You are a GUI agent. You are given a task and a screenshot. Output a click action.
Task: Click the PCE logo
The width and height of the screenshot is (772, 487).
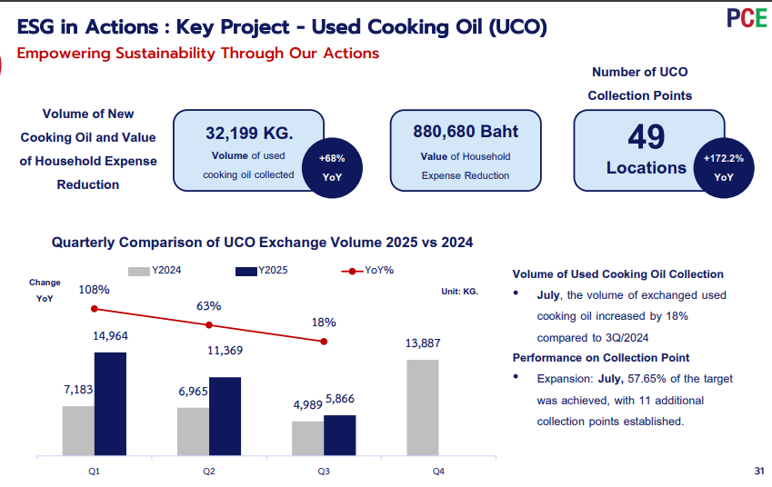coord(747,18)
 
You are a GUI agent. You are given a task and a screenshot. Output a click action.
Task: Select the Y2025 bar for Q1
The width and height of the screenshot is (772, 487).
coord(110,404)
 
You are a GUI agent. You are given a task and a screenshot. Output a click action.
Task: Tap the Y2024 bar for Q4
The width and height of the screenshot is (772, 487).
coord(423,407)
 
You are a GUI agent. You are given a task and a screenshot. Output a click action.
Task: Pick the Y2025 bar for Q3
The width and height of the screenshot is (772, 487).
coord(340,435)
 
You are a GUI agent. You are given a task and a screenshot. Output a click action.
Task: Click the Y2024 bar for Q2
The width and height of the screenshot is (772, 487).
coord(193,432)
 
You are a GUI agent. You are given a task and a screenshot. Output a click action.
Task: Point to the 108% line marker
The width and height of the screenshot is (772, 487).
coord(95,309)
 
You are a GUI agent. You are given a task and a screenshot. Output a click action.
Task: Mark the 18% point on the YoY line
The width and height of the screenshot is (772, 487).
coord(324,342)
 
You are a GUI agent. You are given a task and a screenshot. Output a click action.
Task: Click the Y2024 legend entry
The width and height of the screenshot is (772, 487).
coord(155,271)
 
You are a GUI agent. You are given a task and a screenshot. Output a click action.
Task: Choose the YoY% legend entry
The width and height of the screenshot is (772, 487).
coord(367,271)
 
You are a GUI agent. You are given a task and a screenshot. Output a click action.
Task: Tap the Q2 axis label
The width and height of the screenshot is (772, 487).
coord(209,472)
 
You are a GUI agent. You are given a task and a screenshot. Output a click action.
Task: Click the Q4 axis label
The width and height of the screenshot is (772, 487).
coord(438,472)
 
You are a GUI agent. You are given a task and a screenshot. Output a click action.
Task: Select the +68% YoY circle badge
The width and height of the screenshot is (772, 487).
coord(332,168)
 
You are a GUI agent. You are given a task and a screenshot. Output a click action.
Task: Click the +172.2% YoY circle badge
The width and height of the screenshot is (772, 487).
coord(724,168)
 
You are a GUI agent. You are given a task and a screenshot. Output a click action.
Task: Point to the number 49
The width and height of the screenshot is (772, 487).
coord(646,137)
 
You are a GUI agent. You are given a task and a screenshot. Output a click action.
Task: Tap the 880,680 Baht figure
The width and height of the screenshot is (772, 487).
coord(466,132)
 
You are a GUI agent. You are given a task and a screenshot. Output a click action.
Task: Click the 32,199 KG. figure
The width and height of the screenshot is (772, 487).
coord(249,133)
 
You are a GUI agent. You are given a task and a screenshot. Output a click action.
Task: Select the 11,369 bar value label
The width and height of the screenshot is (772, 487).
coord(225,350)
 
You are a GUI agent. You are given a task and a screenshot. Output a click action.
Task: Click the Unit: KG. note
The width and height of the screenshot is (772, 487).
coord(459,292)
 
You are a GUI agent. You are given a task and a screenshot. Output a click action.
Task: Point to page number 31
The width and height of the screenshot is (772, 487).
coord(758,471)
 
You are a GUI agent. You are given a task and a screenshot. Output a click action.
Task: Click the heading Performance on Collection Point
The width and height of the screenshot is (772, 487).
coord(601,358)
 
